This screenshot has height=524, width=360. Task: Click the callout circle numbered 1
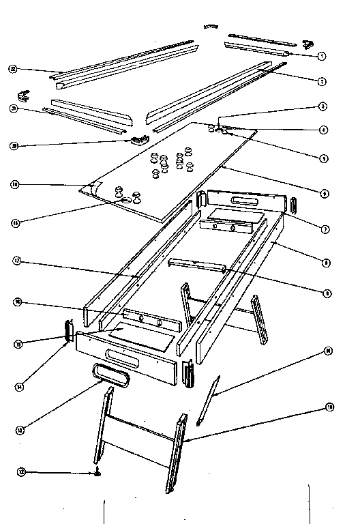(x=321, y=55)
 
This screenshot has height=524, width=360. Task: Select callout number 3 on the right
(x=322, y=106)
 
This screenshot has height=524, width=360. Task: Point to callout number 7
(x=325, y=229)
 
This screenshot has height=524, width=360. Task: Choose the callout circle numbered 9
(x=327, y=293)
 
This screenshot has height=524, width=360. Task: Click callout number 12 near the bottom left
(x=21, y=471)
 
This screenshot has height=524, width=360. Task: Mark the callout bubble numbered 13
(x=21, y=430)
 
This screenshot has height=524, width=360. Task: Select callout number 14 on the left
(x=21, y=386)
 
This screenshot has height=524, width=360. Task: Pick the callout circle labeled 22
(x=12, y=69)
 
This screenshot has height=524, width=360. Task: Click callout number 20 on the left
(x=13, y=145)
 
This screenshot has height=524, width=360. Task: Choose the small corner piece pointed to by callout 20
(x=139, y=139)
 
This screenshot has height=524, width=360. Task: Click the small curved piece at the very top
(x=211, y=27)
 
